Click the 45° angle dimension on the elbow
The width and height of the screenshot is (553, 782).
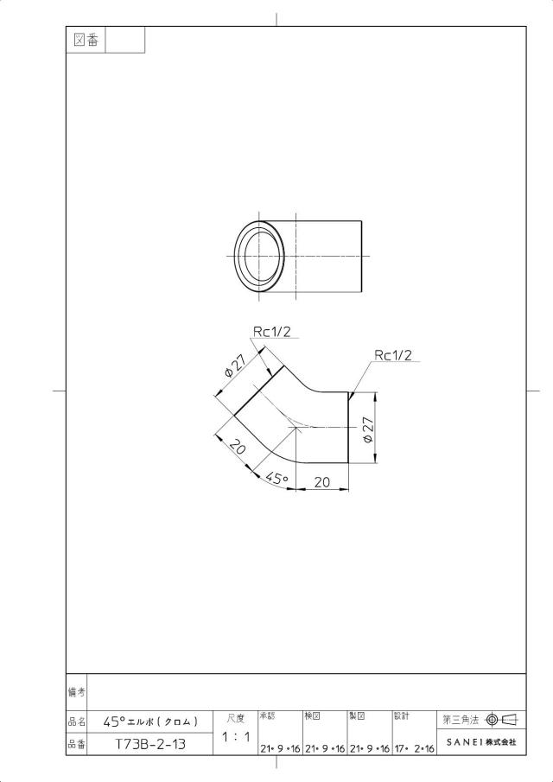(277, 479)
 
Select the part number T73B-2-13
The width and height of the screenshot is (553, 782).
(150, 745)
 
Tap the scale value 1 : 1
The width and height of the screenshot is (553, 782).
(236, 736)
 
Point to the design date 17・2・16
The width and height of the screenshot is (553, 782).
(415, 748)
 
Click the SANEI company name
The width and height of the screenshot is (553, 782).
(481, 742)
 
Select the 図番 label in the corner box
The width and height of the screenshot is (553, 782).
(86, 40)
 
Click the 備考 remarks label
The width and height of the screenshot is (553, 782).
(76, 692)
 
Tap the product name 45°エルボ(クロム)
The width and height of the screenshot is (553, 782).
(150, 722)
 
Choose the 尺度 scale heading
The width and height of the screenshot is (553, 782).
(236, 718)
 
